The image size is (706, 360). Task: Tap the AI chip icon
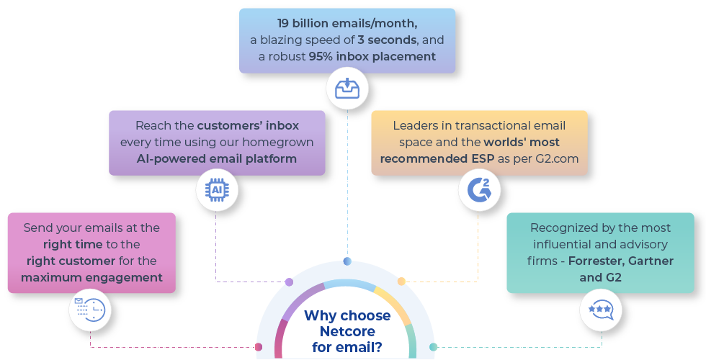pyautogui.click(x=216, y=189)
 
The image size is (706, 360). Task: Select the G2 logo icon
pyautogui.click(x=478, y=190)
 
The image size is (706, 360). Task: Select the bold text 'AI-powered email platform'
pyautogui.click(x=217, y=158)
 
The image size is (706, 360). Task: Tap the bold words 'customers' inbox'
pyautogui.click(x=248, y=125)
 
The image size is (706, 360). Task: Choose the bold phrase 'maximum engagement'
pyautogui.click(x=91, y=276)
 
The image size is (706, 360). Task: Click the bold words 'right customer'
pyautogui.click(x=71, y=260)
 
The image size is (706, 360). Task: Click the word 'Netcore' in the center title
pyautogui.click(x=347, y=331)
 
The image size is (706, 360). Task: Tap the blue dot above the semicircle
pyautogui.click(x=347, y=261)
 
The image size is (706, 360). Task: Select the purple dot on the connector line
pyautogui.click(x=290, y=282)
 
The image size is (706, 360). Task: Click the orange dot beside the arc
pyautogui.click(x=401, y=281)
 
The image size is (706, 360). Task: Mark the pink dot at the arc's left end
pyautogui.click(x=259, y=347)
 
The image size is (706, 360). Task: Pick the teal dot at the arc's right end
pyautogui.click(x=433, y=347)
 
